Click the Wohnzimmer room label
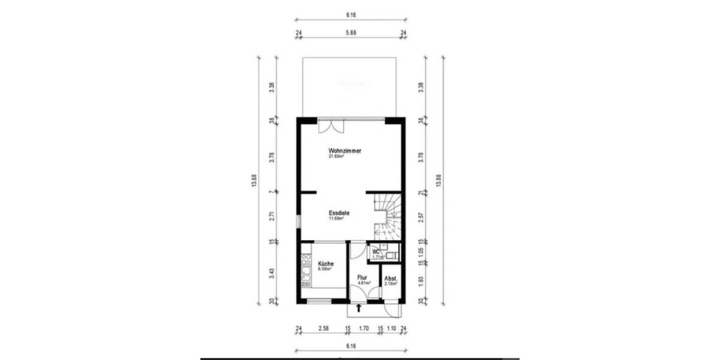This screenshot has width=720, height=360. tap(344, 151)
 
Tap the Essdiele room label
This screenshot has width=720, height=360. tap(339, 213)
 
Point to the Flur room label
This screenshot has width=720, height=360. tap(362, 278)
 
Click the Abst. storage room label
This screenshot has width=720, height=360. tap(391, 278)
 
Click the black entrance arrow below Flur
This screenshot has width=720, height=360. tap(359, 308)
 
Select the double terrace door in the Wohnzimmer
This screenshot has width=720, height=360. tap(331, 126)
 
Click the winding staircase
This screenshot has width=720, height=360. tap(388, 216)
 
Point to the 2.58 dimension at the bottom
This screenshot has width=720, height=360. tap(323, 329)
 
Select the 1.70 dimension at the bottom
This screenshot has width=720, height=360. tap(364, 329)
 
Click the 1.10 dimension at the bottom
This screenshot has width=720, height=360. tap(392, 329)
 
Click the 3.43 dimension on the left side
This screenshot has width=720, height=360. tap(272, 273)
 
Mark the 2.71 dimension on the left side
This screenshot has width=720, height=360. tap(272, 217)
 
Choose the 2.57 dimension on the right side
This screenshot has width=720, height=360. tap(422, 215)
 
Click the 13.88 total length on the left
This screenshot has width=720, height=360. tap(254, 181)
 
